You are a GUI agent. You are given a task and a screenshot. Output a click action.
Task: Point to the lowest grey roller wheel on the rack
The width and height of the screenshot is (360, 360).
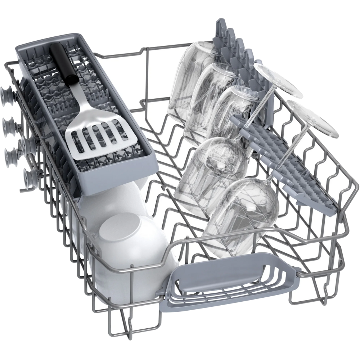(30, 177)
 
